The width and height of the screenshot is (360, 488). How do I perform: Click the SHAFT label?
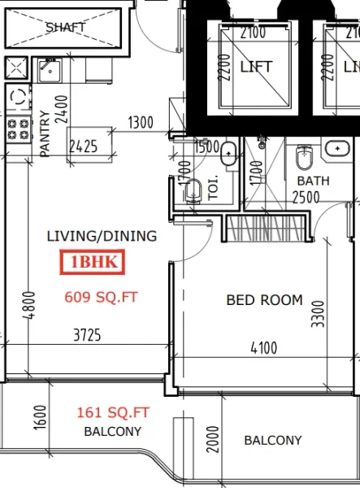pos(66,27)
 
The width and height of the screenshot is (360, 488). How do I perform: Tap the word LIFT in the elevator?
pos(255,66)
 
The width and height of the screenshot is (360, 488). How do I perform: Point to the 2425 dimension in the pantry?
pos(85,148)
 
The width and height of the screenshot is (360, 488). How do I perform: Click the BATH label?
pos(313,181)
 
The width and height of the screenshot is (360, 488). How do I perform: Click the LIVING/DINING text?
pos(102,237)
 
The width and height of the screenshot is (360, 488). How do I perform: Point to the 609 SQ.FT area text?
pos(102,297)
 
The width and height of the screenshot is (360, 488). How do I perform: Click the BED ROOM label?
pos(264,300)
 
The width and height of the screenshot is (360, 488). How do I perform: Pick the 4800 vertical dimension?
pos(30,308)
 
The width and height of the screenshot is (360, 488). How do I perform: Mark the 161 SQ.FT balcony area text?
pos(114,413)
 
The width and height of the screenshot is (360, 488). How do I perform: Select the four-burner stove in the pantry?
pos(16,128)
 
